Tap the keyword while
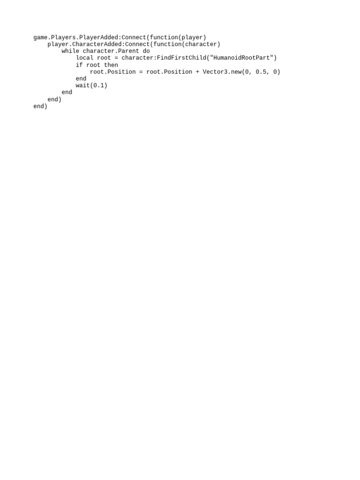coord(70,51)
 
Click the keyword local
coord(84,58)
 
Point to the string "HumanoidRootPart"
coord(242,58)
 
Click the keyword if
coord(79,65)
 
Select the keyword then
coord(111,65)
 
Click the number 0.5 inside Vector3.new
coord(261,72)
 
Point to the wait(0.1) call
coord(91,86)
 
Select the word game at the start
coord(40,37)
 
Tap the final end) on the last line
coord(40,106)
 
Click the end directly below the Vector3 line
coord(81,79)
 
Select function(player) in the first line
coord(178,37)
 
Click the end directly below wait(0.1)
coord(67,92)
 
